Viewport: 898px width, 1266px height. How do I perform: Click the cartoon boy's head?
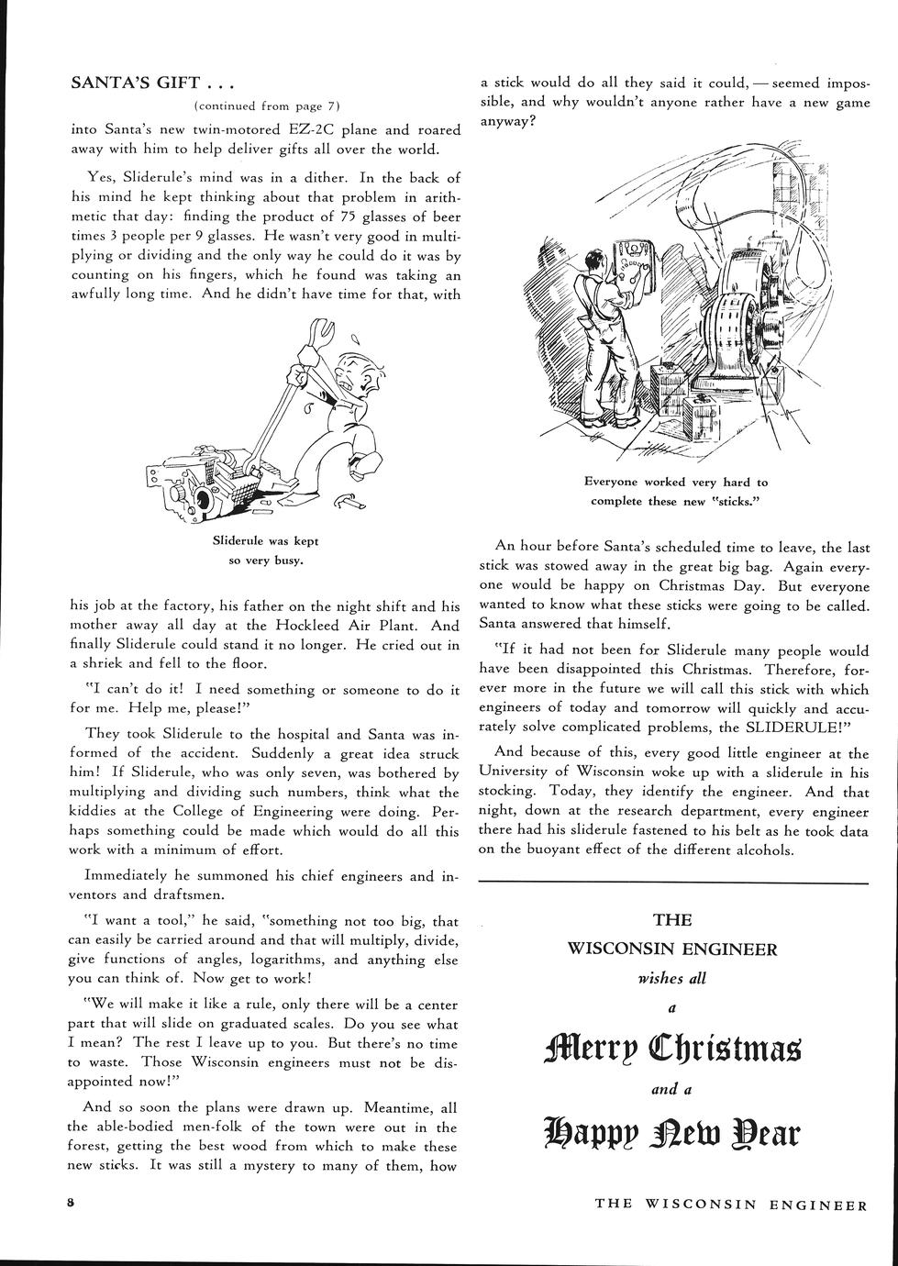[x=352, y=372]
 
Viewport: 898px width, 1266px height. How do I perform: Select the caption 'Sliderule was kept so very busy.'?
[x=265, y=550]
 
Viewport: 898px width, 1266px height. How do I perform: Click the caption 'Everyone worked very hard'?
[x=676, y=492]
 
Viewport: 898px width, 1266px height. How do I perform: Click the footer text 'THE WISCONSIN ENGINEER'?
[x=731, y=1205]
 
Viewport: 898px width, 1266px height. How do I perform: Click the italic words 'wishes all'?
[x=671, y=978]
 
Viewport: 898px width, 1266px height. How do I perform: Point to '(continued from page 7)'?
[x=267, y=106]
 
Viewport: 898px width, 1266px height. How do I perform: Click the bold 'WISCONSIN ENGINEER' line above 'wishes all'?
[x=671, y=949]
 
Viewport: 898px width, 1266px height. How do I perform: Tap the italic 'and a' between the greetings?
[x=671, y=1090]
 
